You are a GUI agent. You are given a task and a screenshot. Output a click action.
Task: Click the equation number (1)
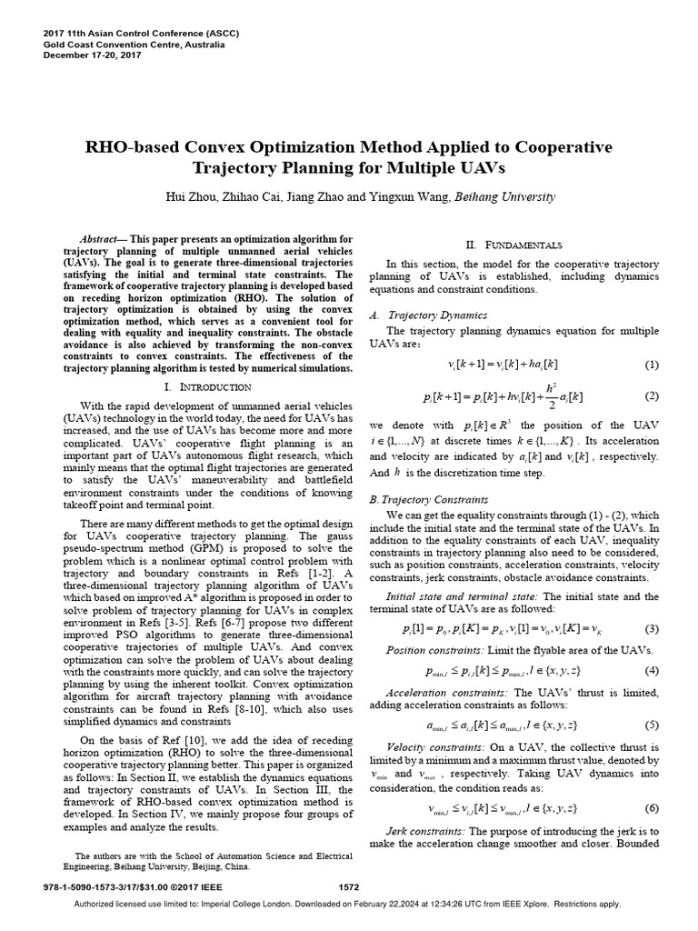pyautogui.click(x=651, y=365)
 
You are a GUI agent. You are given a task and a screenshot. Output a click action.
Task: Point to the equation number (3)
pyautogui.click(x=651, y=629)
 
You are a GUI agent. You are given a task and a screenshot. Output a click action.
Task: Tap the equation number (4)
pyautogui.click(x=651, y=671)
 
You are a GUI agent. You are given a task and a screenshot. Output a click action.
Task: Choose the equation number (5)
pyautogui.click(x=651, y=725)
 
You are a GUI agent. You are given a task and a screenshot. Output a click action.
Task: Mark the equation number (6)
pyautogui.click(x=651, y=808)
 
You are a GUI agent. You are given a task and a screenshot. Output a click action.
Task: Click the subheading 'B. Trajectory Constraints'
pyautogui.click(x=428, y=499)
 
